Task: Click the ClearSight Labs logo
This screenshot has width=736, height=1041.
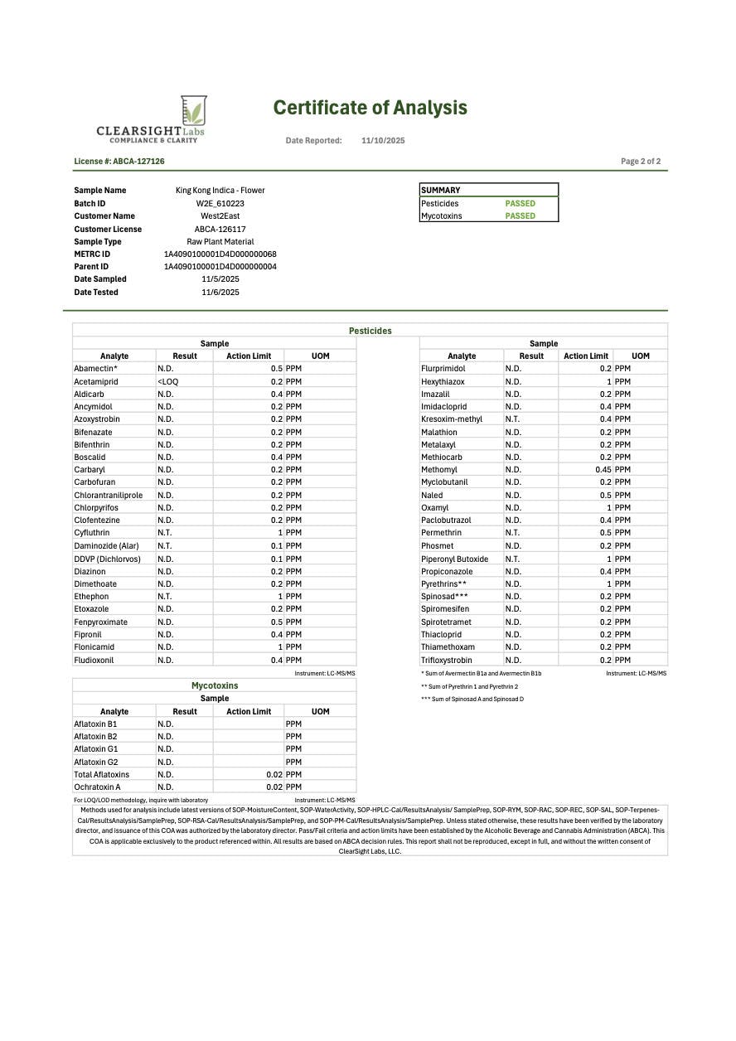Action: pos(150,120)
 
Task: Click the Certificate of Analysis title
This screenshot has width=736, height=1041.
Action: pos(370,108)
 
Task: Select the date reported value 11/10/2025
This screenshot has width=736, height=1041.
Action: pos(383,141)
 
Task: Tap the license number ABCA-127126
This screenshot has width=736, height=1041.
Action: pos(119,162)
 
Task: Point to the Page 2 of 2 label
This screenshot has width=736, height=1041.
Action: pos(640,162)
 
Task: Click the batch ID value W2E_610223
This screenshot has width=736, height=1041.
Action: pos(220,203)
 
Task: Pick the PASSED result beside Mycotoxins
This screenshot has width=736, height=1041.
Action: pos(521,216)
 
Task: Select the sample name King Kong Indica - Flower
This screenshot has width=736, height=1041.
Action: pos(220,191)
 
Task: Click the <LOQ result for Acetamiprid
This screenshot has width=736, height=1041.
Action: pos(167,381)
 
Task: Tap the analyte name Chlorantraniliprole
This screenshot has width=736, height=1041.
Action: pos(108,495)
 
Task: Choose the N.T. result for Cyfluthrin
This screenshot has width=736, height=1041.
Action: pos(165,533)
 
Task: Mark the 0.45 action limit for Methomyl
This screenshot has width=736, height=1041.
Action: pos(603,470)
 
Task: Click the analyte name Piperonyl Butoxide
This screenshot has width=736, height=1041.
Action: pos(454,559)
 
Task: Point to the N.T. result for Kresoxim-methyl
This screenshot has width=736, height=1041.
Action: pos(512,419)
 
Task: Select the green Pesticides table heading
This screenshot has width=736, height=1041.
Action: pos(370,331)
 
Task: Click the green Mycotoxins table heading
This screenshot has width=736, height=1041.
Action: pos(214,685)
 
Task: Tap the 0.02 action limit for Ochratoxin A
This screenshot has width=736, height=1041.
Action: pos(274,787)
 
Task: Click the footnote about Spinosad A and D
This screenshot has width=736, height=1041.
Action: pos(472,699)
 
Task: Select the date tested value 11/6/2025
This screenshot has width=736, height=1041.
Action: pos(220,293)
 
